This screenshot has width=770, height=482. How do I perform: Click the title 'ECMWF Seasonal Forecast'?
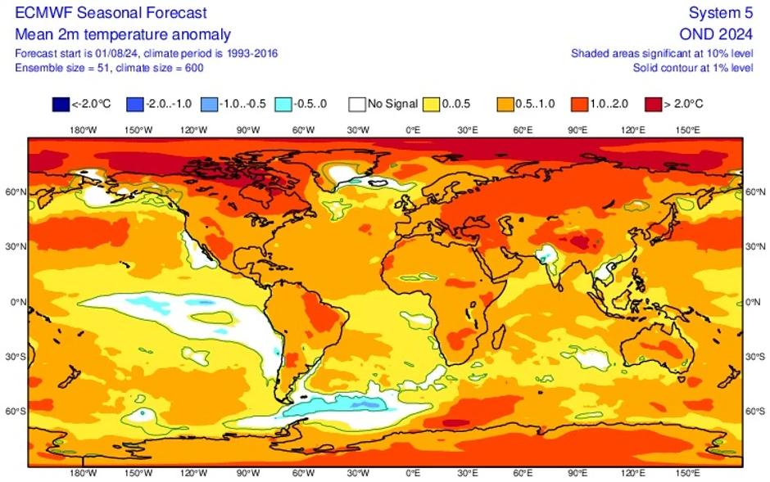pos(111,13)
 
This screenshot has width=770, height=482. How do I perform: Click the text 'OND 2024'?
pos(716,34)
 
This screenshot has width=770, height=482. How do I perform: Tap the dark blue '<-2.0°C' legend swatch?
pos(61,104)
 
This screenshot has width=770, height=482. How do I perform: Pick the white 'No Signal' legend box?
pos(356,104)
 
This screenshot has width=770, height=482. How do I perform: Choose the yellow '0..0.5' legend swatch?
pos(432,104)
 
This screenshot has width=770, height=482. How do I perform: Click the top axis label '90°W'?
pos(247,130)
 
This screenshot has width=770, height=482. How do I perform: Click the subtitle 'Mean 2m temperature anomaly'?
pos(123,34)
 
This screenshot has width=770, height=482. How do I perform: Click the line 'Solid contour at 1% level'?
pos(692,67)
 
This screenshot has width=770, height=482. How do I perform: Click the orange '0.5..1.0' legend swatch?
pos(505,104)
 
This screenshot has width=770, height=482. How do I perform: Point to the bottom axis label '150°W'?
pos(138,472)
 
